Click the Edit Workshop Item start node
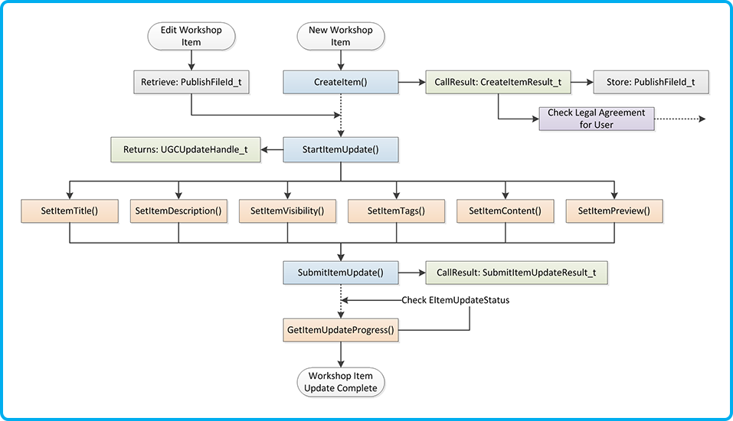[x=191, y=36]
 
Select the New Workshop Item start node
[x=341, y=36]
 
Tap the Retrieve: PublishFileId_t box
[x=191, y=82]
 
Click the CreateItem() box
[x=341, y=82]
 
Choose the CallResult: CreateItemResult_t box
[x=499, y=82]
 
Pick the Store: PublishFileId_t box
[x=650, y=82]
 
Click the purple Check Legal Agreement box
[x=597, y=119]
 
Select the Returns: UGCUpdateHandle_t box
[x=185, y=149]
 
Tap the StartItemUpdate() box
[x=341, y=149]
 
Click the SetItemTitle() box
[x=70, y=210]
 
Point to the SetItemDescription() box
[x=178, y=210]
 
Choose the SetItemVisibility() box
[x=287, y=210]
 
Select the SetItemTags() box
[x=396, y=210]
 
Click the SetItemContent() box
[x=505, y=210]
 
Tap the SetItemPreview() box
[x=614, y=210]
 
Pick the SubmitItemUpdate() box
[x=341, y=272]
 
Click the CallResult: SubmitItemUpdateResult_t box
[x=517, y=272]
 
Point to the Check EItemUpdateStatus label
[x=455, y=300]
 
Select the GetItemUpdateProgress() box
[x=341, y=330]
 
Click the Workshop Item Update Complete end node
[x=341, y=382]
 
